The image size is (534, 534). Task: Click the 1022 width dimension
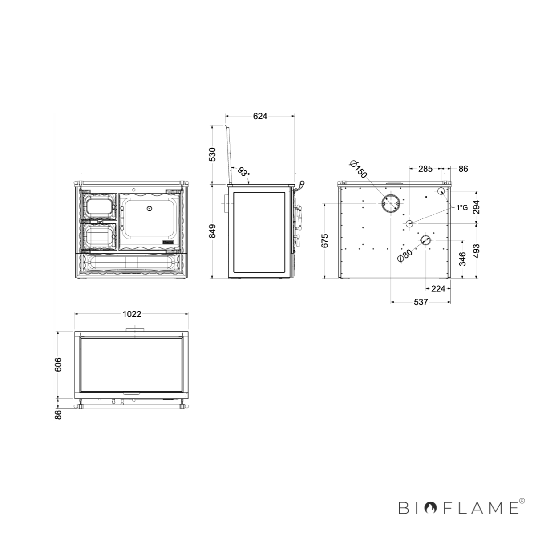132,314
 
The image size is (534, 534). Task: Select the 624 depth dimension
259,117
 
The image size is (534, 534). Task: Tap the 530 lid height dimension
212,154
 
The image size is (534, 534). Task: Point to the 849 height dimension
212,231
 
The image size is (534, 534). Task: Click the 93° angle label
244,172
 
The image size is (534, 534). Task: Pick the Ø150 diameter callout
358,169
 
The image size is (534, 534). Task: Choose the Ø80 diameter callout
405,255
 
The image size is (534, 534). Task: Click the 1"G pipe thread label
462,207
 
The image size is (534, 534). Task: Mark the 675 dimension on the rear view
324,241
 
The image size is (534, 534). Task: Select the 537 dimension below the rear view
421,302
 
